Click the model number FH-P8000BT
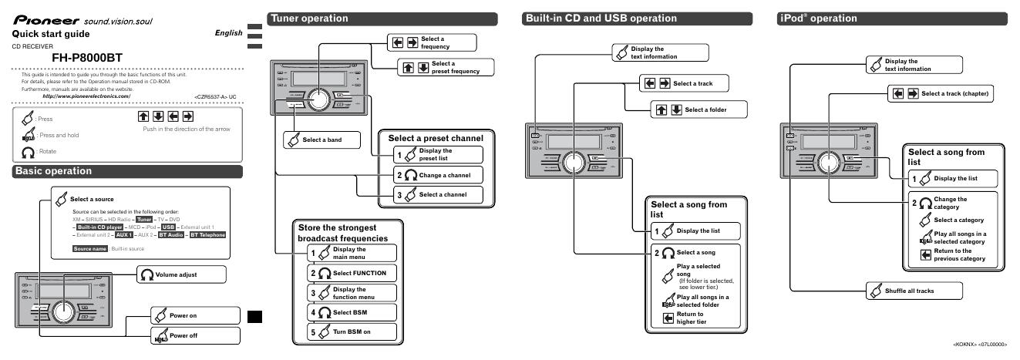pyautogui.click(x=86, y=56)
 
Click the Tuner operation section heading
pyautogui.click(x=307, y=18)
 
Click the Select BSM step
pyautogui.click(x=352, y=313)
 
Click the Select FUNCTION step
pyautogui.click(x=352, y=273)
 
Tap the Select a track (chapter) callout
pyautogui.click(x=948, y=93)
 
